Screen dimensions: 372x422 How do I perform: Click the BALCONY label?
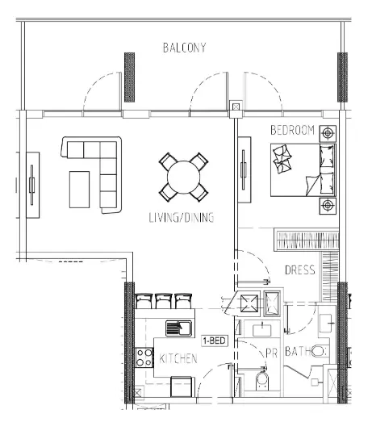185,48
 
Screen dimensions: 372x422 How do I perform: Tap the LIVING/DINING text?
182,218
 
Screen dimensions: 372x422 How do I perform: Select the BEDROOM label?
292,130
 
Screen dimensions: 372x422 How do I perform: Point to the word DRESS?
300,269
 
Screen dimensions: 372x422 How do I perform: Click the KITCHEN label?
178,358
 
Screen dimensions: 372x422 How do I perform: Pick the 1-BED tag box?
215,341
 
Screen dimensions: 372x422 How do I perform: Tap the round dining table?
183,177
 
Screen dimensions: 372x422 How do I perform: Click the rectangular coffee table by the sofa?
79,190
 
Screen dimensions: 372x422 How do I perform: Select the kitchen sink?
178,328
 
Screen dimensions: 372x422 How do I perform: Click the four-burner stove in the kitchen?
144,357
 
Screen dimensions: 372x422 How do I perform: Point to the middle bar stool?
163,301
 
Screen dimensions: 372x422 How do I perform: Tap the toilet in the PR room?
262,381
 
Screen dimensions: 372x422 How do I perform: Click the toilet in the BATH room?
320,351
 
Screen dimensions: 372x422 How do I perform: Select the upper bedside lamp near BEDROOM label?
328,133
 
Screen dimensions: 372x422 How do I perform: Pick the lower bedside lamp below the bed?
328,206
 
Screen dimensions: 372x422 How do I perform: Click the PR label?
271,353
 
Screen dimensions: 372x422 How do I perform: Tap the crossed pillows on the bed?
282,159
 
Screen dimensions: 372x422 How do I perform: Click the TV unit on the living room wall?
32,185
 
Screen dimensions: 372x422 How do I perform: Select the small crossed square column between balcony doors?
236,107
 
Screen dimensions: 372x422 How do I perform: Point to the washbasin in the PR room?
262,330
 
